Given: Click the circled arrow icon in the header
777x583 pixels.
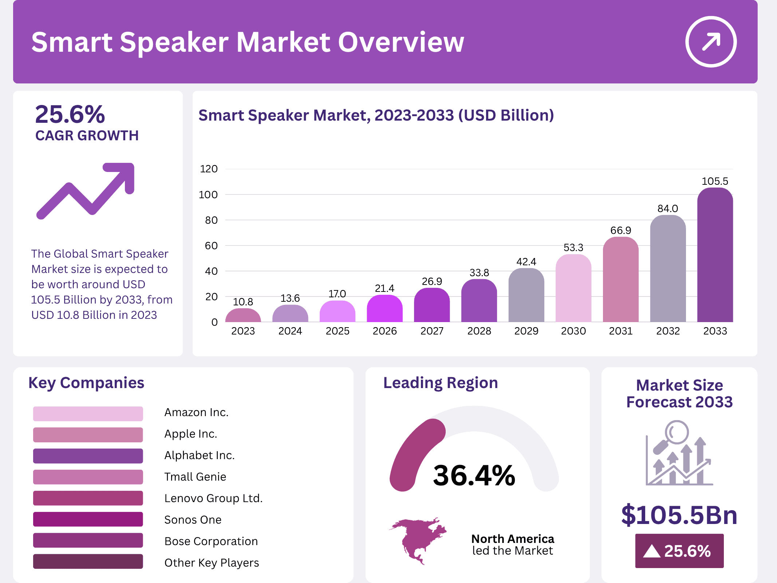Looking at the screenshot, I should (x=711, y=42).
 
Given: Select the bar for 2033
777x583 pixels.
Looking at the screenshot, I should (x=715, y=255).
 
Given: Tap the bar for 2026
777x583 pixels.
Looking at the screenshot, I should (x=384, y=309).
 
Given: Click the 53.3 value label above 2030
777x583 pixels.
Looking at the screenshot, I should (x=573, y=248).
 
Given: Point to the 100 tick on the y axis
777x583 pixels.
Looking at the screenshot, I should (x=208, y=195).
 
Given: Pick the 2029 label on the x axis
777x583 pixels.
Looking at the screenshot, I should (x=526, y=331).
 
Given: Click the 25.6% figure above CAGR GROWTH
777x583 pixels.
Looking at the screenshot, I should (x=70, y=114).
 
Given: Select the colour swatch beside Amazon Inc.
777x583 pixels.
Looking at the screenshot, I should (x=88, y=414).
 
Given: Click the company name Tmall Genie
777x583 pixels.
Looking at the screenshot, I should (x=195, y=477).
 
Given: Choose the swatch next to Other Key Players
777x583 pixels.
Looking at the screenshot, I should (x=88, y=562).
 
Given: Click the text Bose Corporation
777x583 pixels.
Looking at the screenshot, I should (x=211, y=541).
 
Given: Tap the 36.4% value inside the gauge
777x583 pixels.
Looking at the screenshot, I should (x=474, y=476).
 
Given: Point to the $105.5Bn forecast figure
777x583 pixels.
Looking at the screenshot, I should (x=679, y=515).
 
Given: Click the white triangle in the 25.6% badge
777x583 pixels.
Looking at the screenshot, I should (x=652, y=551).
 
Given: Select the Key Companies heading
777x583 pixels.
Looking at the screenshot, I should (x=86, y=383).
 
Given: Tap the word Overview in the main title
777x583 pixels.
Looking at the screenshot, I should (x=401, y=42).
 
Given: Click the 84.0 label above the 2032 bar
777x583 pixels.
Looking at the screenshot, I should (x=667, y=208).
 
